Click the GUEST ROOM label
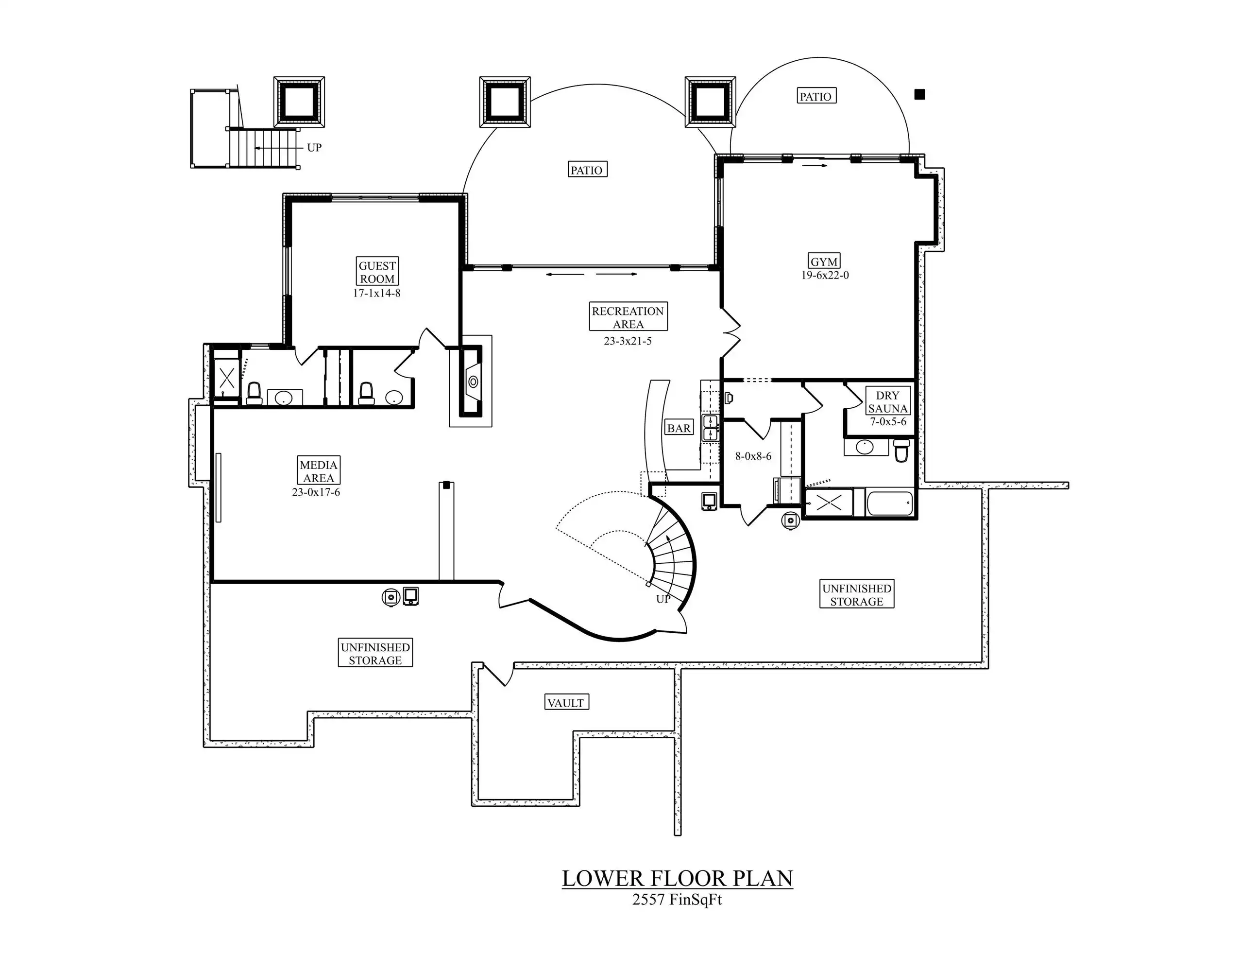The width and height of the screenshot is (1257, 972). (x=377, y=272)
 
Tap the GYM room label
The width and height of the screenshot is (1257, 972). (x=824, y=261)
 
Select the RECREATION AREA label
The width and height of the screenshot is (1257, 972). (x=628, y=317)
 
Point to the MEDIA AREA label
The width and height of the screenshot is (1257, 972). (x=319, y=471)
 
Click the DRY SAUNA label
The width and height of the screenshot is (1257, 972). (x=888, y=402)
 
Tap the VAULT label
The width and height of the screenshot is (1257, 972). (x=566, y=702)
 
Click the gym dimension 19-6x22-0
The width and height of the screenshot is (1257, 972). (x=825, y=275)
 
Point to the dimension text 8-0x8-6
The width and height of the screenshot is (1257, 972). (x=753, y=456)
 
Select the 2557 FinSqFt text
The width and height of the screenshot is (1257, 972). (x=677, y=900)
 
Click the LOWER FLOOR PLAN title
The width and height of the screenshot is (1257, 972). (x=678, y=878)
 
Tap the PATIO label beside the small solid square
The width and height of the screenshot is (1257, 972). (x=815, y=96)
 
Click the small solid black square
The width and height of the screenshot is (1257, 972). (x=920, y=94)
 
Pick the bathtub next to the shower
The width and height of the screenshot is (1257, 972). (x=889, y=503)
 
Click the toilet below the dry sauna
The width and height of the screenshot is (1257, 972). (x=901, y=451)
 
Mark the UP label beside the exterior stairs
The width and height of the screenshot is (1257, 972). (x=314, y=147)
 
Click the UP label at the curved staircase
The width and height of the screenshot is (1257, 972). (x=663, y=599)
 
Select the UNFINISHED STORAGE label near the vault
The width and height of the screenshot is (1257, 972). (x=375, y=654)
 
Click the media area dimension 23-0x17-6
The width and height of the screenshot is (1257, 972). (x=316, y=492)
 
